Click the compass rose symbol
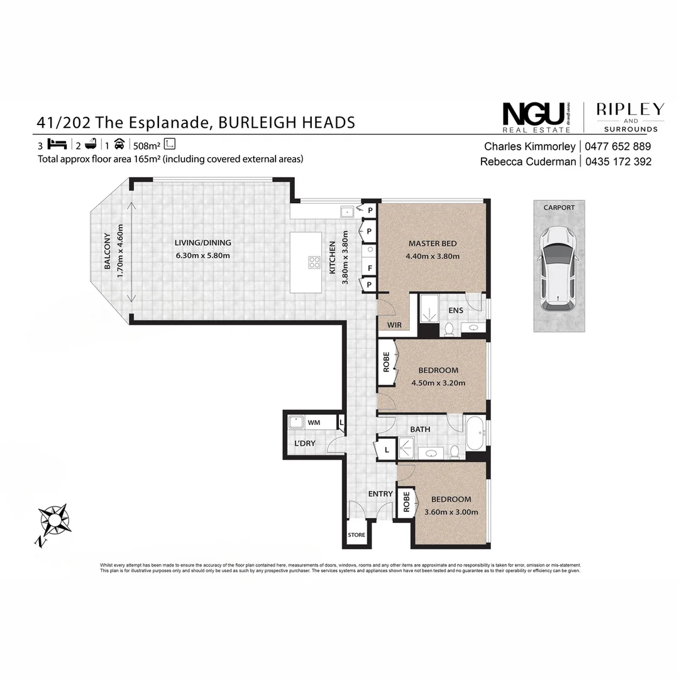click(53, 521)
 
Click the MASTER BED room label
click(433, 243)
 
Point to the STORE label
click(356, 535)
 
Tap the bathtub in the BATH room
click(475, 433)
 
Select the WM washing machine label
click(314, 422)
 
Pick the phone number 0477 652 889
click(617, 146)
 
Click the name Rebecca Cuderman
click(527, 162)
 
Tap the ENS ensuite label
click(456, 310)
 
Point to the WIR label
click(395, 325)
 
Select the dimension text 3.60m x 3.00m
click(451, 512)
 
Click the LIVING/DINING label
click(202, 243)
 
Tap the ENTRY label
click(380, 494)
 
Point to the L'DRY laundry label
click(304, 443)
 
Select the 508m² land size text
click(147, 144)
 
